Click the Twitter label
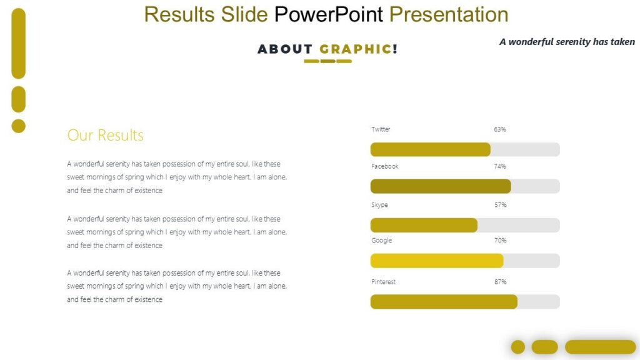click(x=381, y=129)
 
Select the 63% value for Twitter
click(x=500, y=129)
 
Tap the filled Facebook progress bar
click(x=441, y=186)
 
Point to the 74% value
click(x=500, y=167)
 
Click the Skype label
click(x=379, y=205)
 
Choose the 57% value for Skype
click(x=500, y=205)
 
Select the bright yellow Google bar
click(x=437, y=261)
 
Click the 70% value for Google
click(x=500, y=241)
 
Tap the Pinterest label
click(x=383, y=282)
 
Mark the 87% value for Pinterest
click(x=500, y=282)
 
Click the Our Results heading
click(x=105, y=136)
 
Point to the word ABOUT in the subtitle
click(x=285, y=49)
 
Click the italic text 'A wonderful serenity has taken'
click(x=567, y=42)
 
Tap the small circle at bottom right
click(x=518, y=347)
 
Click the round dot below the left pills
click(x=19, y=126)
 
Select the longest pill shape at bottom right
click(x=600, y=347)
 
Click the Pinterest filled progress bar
click(x=444, y=302)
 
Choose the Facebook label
click(x=384, y=167)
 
